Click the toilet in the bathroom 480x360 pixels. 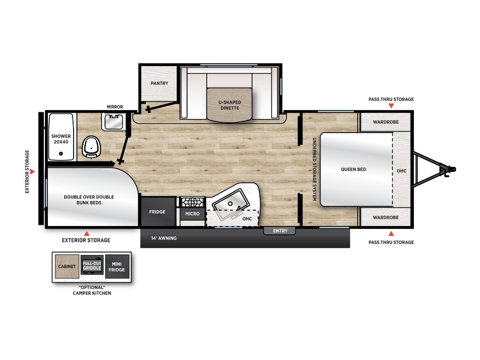click(91, 146)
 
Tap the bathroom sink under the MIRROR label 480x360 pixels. click(113, 122)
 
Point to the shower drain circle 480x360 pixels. click(61, 154)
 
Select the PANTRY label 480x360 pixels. click(159, 83)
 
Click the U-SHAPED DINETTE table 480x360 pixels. click(230, 105)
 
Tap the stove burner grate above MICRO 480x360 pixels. click(192, 202)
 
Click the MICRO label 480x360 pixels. click(192, 214)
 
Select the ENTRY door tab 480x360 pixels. click(280, 231)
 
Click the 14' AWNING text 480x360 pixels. click(164, 238)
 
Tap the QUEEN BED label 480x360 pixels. click(353, 169)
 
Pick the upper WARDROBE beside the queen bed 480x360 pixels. click(385, 122)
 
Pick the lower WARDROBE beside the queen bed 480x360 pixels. click(385, 217)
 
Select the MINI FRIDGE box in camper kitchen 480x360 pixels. click(117, 267)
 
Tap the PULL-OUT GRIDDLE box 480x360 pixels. click(92, 265)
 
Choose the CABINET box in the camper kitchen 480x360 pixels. click(67, 266)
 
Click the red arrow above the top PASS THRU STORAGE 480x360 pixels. click(391, 106)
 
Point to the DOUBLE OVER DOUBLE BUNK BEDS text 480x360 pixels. click(89, 200)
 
